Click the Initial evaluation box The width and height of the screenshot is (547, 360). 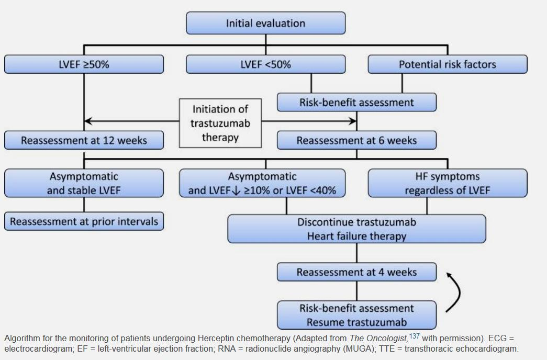coord(266,23)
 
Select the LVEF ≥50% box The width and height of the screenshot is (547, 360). coord(84,64)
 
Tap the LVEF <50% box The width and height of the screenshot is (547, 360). coord(266,64)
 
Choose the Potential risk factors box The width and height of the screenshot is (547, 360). coord(448,64)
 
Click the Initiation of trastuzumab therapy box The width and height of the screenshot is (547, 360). coord(220,123)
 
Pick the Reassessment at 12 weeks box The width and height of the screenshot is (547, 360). coord(84,140)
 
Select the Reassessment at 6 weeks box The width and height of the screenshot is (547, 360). coord(356,140)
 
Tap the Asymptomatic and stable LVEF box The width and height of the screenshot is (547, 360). coord(84,183)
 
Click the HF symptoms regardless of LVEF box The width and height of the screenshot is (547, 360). coord(448,183)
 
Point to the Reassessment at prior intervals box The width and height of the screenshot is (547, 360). coord(84,221)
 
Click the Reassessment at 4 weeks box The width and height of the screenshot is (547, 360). coord(356,272)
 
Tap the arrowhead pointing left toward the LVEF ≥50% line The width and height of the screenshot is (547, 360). coord(88,121)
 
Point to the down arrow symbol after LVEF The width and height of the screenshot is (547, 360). coord(236,191)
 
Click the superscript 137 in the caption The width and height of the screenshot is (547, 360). coord(415,336)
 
